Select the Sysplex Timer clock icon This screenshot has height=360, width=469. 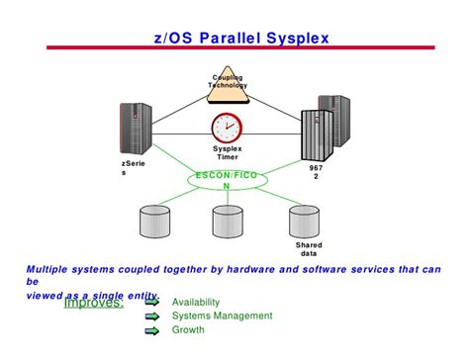pos(227,129)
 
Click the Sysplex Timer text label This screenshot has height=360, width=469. pos(227,152)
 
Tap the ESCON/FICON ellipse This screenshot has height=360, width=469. pos(227,180)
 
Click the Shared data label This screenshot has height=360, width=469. pos(309,249)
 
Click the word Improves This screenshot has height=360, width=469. pos(93,302)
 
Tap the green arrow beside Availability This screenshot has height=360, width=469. pos(151,302)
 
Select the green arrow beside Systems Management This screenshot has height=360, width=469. pos(151,316)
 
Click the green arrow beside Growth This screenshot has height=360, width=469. pos(151,330)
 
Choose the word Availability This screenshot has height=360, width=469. pos(196,302)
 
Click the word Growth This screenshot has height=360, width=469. pos(189,330)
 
